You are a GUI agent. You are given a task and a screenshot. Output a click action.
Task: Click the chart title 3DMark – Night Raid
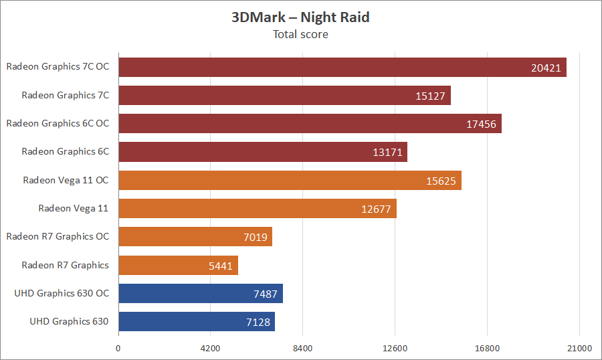point(300,17)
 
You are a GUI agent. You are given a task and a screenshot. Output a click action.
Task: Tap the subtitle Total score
point(300,34)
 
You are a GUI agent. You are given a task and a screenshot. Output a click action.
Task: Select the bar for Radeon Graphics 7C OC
point(342,67)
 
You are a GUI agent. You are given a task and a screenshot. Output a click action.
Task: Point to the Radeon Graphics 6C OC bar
point(310,124)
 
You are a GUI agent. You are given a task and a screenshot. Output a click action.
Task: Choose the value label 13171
point(387,152)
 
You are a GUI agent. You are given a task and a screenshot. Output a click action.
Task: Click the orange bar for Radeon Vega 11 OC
point(290,180)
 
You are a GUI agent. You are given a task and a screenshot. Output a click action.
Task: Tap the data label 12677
point(377,209)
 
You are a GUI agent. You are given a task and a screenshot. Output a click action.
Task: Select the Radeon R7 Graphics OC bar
point(195,237)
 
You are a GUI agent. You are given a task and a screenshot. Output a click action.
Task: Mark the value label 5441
point(220,266)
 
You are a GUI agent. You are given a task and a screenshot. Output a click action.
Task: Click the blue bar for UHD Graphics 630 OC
point(200,293)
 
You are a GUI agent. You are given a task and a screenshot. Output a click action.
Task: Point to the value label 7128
point(258,322)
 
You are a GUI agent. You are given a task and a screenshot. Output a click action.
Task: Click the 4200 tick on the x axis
point(210,348)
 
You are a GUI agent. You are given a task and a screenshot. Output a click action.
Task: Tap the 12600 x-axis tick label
point(395,348)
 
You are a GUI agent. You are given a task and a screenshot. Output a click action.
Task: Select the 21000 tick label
point(579,348)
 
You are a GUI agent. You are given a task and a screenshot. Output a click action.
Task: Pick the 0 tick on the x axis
point(118,348)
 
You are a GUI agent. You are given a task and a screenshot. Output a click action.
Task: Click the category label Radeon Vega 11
point(73,208)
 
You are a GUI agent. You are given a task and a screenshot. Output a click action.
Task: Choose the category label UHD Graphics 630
point(69,321)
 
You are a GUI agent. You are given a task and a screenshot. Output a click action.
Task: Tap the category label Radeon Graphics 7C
point(65,95)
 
